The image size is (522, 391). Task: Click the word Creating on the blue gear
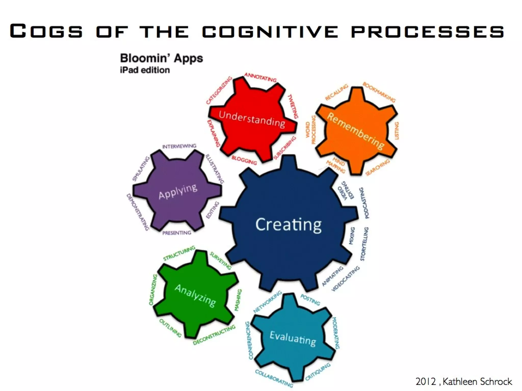pyautogui.click(x=288, y=225)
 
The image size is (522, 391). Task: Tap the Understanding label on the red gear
pyautogui.click(x=252, y=119)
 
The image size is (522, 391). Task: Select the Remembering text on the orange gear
pyautogui.click(x=355, y=131)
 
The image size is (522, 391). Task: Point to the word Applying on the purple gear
pyautogui.click(x=178, y=191)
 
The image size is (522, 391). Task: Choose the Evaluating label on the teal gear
pyautogui.click(x=293, y=338)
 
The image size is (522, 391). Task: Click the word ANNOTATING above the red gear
pyautogui.click(x=260, y=77)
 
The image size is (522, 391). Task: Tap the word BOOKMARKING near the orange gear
pyautogui.click(x=379, y=92)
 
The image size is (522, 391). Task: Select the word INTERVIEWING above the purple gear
pyautogui.click(x=179, y=146)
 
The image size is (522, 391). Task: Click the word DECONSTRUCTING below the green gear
pyautogui.click(x=214, y=335)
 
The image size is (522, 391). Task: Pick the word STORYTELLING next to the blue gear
pyautogui.click(x=364, y=244)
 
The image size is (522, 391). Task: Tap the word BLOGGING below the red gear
pyautogui.click(x=244, y=160)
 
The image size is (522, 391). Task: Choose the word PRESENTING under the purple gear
pyautogui.click(x=177, y=233)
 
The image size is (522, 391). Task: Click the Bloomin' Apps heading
pyautogui.click(x=161, y=58)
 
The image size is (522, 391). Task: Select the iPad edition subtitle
pyautogui.click(x=145, y=70)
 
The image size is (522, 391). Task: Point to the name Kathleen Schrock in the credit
pyautogui.click(x=477, y=382)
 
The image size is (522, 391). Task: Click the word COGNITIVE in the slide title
pyautogui.click(x=270, y=31)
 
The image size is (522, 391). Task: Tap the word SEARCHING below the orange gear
pyautogui.click(x=377, y=167)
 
